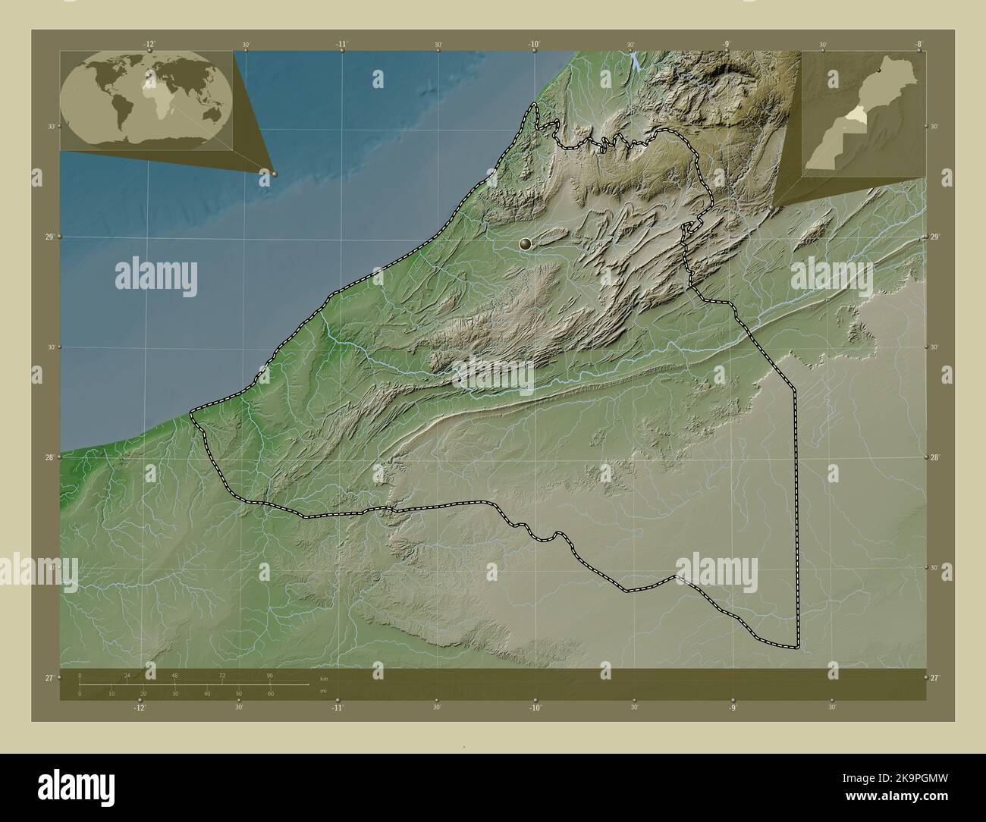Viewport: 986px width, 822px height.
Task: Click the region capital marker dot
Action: coord(526,243)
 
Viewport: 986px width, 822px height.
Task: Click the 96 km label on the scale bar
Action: coord(269,674)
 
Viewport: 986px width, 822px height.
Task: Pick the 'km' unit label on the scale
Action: coord(324,678)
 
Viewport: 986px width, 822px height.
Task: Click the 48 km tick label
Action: coord(174,674)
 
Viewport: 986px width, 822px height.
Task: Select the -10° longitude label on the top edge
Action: coord(534,45)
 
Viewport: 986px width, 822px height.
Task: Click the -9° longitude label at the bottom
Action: coord(733,707)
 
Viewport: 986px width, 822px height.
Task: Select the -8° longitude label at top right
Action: coord(918,45)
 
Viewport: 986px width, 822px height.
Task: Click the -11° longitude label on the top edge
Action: coord(341,45)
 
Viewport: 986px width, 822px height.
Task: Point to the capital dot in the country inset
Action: coord(878,71)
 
